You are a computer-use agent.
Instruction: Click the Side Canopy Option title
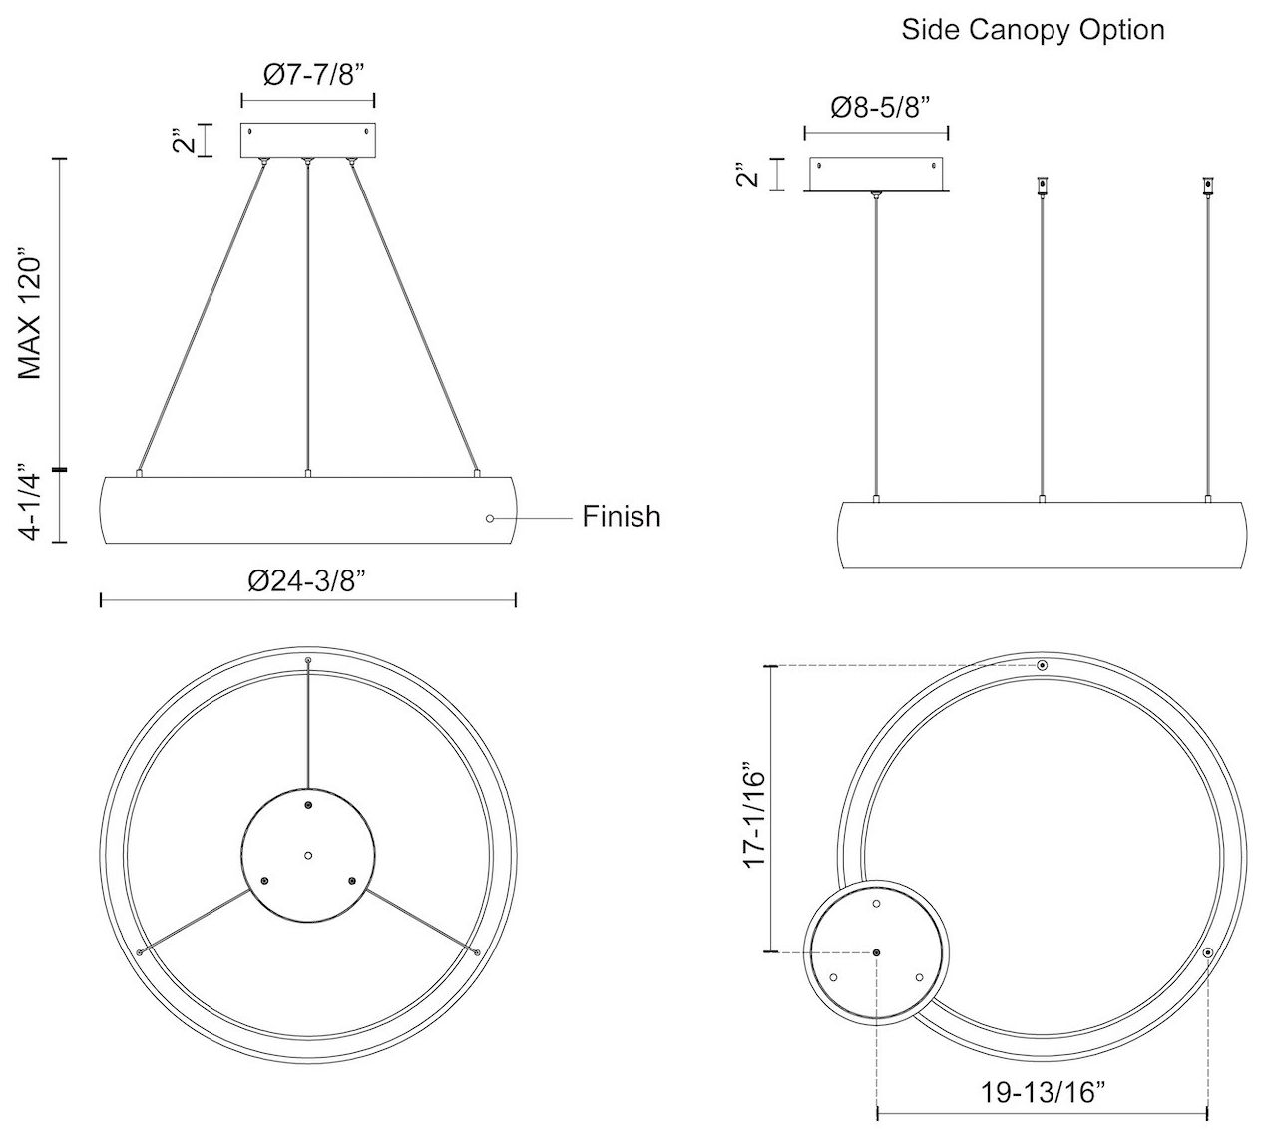coord(1033,29)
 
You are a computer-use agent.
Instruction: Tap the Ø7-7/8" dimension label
coord(307,75)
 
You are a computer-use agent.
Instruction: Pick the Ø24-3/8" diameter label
coord(307,580)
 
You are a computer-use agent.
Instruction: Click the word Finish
coord(622,516)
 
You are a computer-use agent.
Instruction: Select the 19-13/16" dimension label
coord(1043,1091)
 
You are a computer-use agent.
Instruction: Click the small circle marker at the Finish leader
coord(489,518)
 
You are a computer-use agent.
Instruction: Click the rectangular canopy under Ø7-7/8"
coord(307,140)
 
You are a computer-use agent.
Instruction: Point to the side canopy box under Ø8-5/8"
coord(876,174)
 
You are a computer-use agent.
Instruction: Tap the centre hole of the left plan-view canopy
coord(308,855)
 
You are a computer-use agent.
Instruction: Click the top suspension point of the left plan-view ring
coord(308,661)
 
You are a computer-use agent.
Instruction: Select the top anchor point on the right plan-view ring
coord(1042,665)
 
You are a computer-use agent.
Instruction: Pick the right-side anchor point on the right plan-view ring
coord(1207,953)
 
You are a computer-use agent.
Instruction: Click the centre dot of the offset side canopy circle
coord(876,953)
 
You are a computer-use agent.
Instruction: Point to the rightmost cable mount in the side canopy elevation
coord(1208,186)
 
